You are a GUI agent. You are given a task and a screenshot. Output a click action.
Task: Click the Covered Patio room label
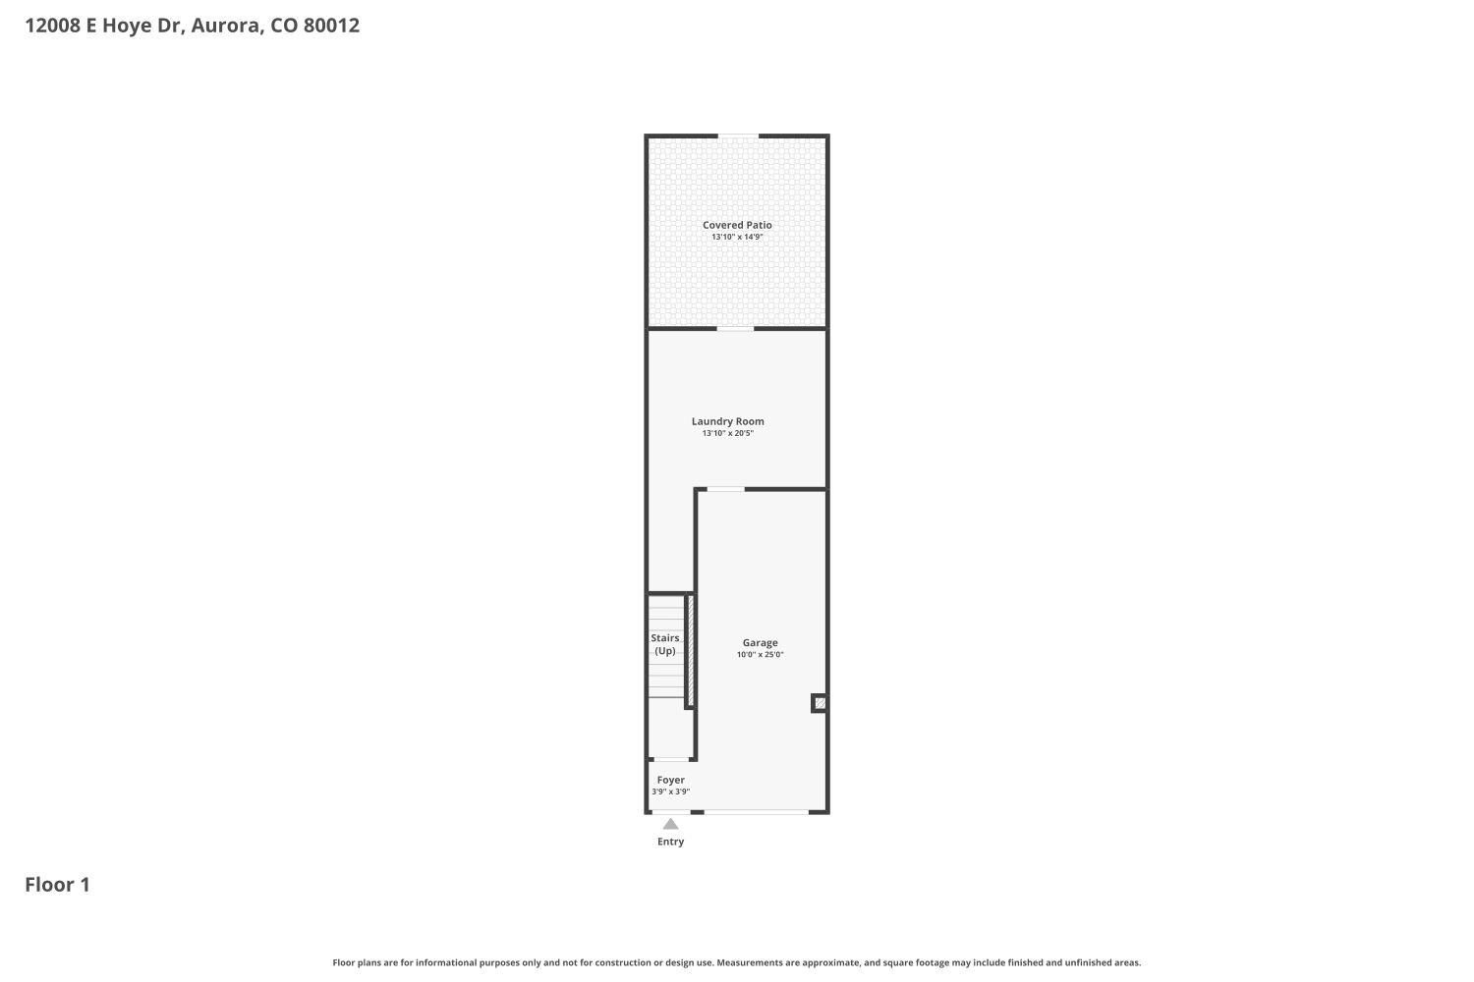(x=737, y=225)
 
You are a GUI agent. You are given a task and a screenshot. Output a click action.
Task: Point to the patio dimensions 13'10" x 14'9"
(x=737, y=237)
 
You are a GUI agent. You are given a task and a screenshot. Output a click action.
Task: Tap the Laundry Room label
(x=728, y=421)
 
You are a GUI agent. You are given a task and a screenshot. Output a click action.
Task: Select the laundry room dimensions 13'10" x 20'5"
(x=728, y=433)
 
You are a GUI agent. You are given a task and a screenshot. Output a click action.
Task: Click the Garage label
(x=760, y=642)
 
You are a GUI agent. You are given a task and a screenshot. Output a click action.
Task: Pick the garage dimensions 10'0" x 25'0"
(x=760, y=654)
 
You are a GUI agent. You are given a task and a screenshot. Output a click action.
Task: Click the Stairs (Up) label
(x=665, y=644)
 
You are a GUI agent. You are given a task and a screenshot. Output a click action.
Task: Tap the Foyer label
(x=670, y=780)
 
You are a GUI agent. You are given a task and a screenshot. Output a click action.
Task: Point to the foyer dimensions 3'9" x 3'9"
(x=670, y=791)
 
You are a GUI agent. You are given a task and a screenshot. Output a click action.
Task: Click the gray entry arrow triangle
(x=670, y=824)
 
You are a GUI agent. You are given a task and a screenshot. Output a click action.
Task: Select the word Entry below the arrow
(x=670, y=842)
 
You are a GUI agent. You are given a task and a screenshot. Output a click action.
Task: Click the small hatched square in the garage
(x=820, y=703)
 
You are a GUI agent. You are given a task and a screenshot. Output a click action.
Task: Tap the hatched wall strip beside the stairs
(x=690, y=650)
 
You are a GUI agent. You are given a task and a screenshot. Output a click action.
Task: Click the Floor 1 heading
(x=57, y=885)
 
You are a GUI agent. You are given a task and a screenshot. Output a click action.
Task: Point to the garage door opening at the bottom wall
(x=756, y=812)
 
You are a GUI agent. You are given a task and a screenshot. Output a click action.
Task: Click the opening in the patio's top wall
(x=738, y=136)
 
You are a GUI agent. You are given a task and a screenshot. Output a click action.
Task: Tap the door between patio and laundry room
(x=735, y=328)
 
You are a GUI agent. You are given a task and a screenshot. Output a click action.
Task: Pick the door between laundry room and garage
(x=725, y=489)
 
